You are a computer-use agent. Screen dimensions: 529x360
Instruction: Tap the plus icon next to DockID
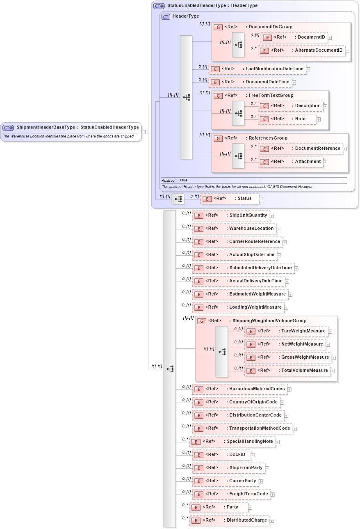pos(253,455)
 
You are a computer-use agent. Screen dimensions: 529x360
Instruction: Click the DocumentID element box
pos(294,37)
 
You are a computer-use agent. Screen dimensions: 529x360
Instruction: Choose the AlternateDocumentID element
pos(301,50)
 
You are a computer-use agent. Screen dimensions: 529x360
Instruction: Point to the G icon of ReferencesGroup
pos(219,138)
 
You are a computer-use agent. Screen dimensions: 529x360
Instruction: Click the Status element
pos(230,199)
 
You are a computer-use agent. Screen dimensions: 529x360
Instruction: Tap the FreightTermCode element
pos(232,494)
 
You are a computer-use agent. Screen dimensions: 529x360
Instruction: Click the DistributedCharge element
pos(230,520)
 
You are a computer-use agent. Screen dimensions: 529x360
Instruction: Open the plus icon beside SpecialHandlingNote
pos(278,442)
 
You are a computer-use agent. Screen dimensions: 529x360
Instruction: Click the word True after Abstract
pos(183,181)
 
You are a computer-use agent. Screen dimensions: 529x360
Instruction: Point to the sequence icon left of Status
pos(178,199)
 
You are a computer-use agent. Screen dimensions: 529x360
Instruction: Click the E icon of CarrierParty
pos(198,481)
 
